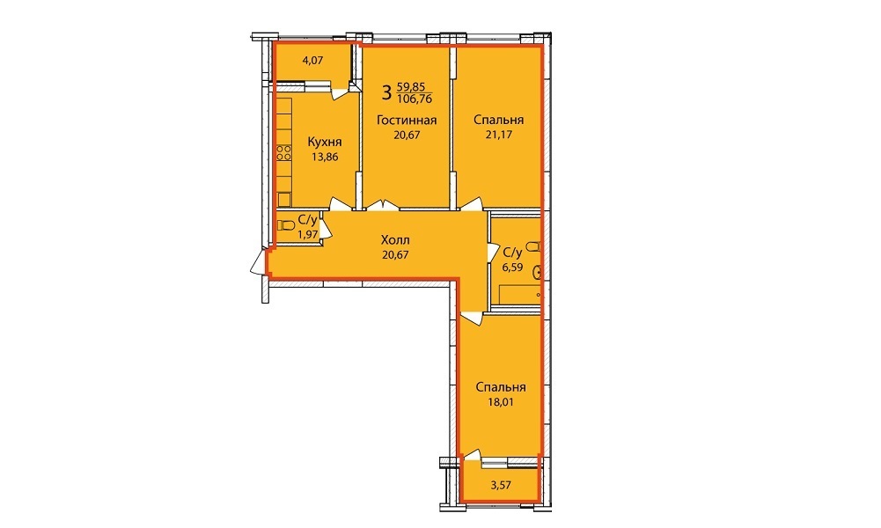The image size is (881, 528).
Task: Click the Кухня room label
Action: (324, 142)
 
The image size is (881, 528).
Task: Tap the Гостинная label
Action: (407, 120)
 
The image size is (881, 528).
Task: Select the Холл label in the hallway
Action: (395, 240)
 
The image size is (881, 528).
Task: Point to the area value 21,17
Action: (499, 135)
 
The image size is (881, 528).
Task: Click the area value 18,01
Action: (501, 402)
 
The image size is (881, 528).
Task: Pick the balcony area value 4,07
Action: (313, 60)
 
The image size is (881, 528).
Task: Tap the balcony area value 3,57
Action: (501, 485)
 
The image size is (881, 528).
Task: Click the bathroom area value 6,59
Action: (512, 268)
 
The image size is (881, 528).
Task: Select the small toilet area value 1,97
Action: (308, 235)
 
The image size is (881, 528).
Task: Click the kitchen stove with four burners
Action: (283, 153)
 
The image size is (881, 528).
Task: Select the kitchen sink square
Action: (284, 200)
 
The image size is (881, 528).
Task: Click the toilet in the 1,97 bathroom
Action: (286, 225)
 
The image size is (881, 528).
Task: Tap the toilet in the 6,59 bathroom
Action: (534, 246)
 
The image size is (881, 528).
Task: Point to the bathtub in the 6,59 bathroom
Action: (520, 295)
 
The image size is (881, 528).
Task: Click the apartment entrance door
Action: (258, 262)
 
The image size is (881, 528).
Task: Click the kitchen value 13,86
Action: (325, 158)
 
